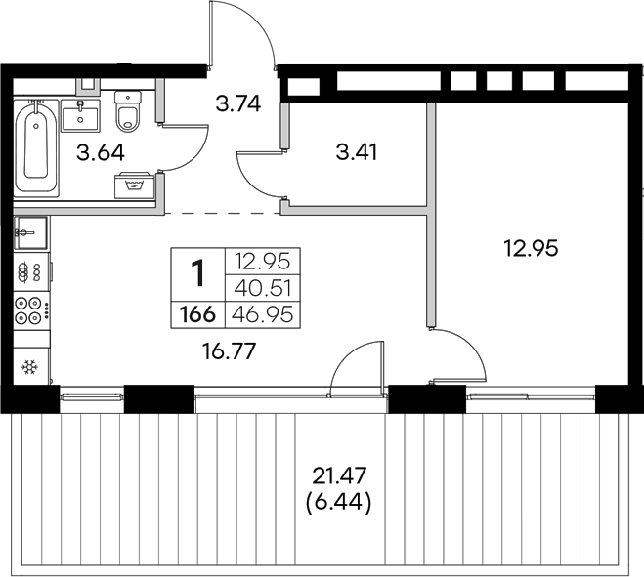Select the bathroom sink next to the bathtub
(81, 114)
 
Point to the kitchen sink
(30, 234)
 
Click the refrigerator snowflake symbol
(29, 367)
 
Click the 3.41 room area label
(356, 152)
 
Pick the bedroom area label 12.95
(531, 249)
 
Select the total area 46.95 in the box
(262, 314)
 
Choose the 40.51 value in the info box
(262, 288)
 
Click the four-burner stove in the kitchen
(30, 309)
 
